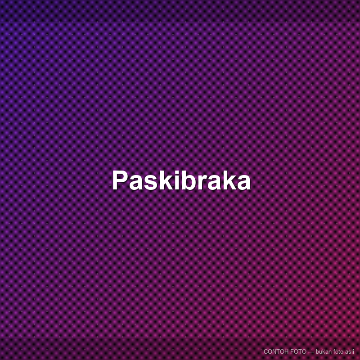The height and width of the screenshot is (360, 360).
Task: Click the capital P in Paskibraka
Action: (x=119, y=180)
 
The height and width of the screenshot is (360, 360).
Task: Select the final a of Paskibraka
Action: (x=244, y=183)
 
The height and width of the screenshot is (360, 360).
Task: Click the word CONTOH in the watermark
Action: (x=276, y=351)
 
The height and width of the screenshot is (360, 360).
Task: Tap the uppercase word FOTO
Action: (x=298, y=351)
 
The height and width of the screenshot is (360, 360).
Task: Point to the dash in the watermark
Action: (x=311, y=352)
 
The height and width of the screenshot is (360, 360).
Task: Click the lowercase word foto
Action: (x=338, y=351)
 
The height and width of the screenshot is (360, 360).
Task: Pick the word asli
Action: (x=349, y=351)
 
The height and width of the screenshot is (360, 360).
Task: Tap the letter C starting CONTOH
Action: (x=266, y=351)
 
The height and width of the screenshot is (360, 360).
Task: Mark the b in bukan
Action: (x=318, y=351)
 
